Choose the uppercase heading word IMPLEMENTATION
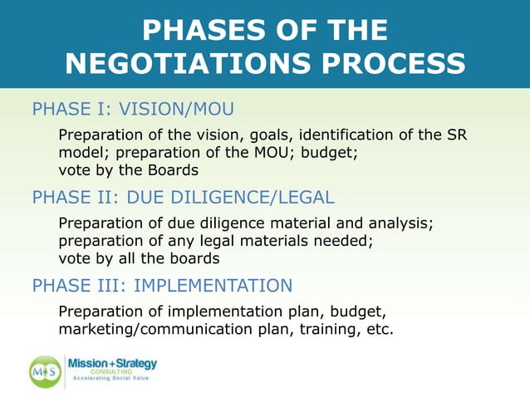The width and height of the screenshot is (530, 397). click(x=213, y=286)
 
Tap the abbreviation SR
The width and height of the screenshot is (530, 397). click(x=456, y=135)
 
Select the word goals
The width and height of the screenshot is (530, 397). click(x=267, y=136)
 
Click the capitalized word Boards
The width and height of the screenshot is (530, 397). click(x=172, y=170)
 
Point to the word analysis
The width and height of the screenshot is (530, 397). click(x=403, y=223)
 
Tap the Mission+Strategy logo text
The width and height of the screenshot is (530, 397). click(x=112, y=364)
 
